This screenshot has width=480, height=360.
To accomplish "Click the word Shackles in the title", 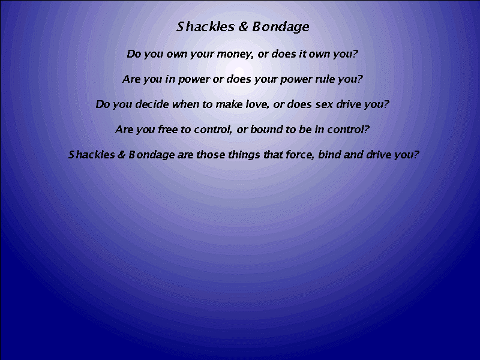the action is tap(205, 26).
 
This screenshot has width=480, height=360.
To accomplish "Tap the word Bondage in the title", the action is tap(281, 27).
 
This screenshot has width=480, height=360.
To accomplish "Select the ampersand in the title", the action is tap(243, 26).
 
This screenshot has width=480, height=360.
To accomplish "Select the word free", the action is tap(167, 129).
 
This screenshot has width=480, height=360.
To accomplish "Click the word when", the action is tap(186, 104).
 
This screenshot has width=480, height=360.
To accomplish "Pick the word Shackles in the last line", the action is tap(91, 154).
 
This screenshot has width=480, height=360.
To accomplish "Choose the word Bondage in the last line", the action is tap(152, 155).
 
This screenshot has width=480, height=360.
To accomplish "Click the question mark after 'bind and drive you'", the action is tap(416, 154).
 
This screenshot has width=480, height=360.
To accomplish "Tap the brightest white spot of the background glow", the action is tap(239, 72).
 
